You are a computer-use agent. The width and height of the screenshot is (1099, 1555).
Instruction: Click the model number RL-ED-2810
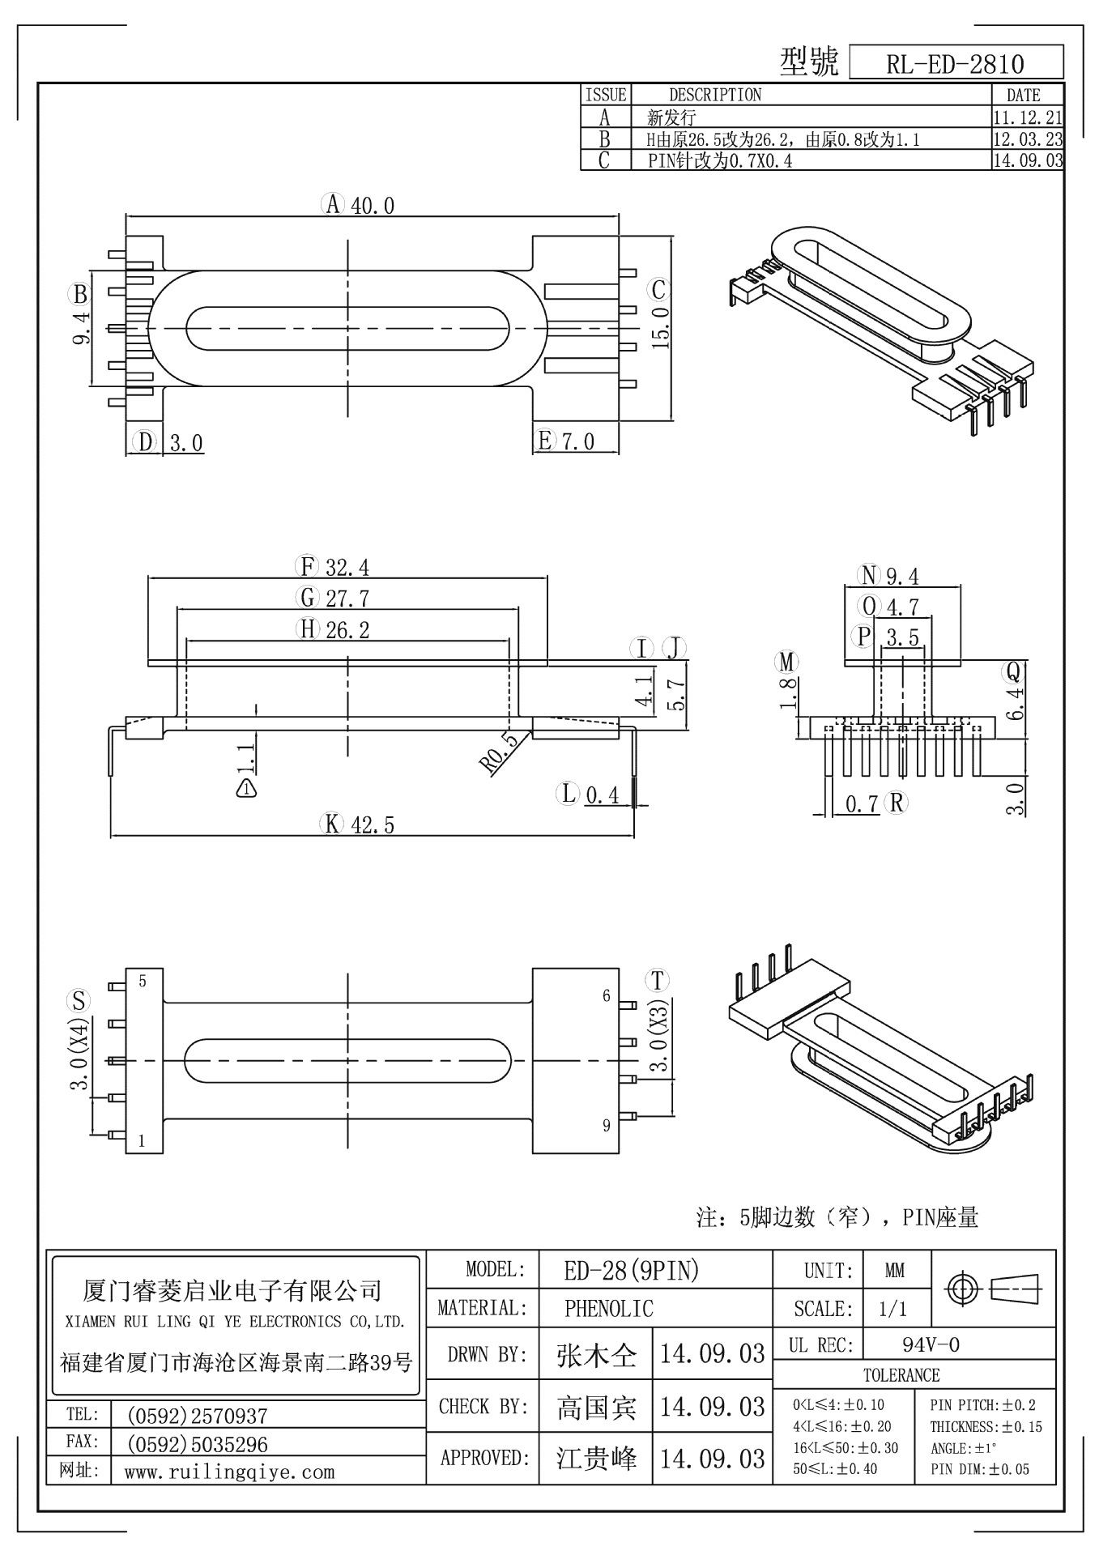[x=955, y=64]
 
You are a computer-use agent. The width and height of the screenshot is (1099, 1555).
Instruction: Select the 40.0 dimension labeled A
[x=373, y=206]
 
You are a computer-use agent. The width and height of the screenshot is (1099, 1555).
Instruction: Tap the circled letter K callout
[x=332, y=825]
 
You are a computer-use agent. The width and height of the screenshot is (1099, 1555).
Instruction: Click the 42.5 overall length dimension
[x=373, y=825]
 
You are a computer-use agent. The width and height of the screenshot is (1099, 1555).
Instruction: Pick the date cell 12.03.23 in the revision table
[x=1027, y=139]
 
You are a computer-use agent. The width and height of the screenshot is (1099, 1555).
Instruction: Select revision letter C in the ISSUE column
[x=604, y=160]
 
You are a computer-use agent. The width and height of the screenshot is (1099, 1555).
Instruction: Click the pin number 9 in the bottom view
[x=606, y=1126]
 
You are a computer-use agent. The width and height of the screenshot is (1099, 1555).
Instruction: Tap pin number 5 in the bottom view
[x=143, y=982]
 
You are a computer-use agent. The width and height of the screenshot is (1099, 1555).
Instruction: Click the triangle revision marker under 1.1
[x=247, y=787]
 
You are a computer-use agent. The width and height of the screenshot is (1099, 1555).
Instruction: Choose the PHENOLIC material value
[x=608, y=1308]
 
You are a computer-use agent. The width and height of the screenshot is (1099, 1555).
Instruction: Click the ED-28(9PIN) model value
[x=631, y=1271]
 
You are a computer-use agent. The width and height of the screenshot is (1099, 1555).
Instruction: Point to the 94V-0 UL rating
[x=931, y=1345]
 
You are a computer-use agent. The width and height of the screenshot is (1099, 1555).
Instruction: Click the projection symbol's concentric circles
[x=963, y=1288]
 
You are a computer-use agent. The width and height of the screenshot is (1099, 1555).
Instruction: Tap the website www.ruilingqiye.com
[x=229, y=1472]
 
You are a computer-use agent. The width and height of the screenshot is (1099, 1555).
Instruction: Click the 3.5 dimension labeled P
[x=902, y=637]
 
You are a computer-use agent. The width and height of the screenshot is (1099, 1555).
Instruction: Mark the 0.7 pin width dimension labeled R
[x=862, y=804]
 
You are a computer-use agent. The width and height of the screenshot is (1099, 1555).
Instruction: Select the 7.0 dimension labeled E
[x=577, y=442]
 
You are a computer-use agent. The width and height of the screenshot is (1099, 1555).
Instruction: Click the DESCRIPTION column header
[x=714, y=95]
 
